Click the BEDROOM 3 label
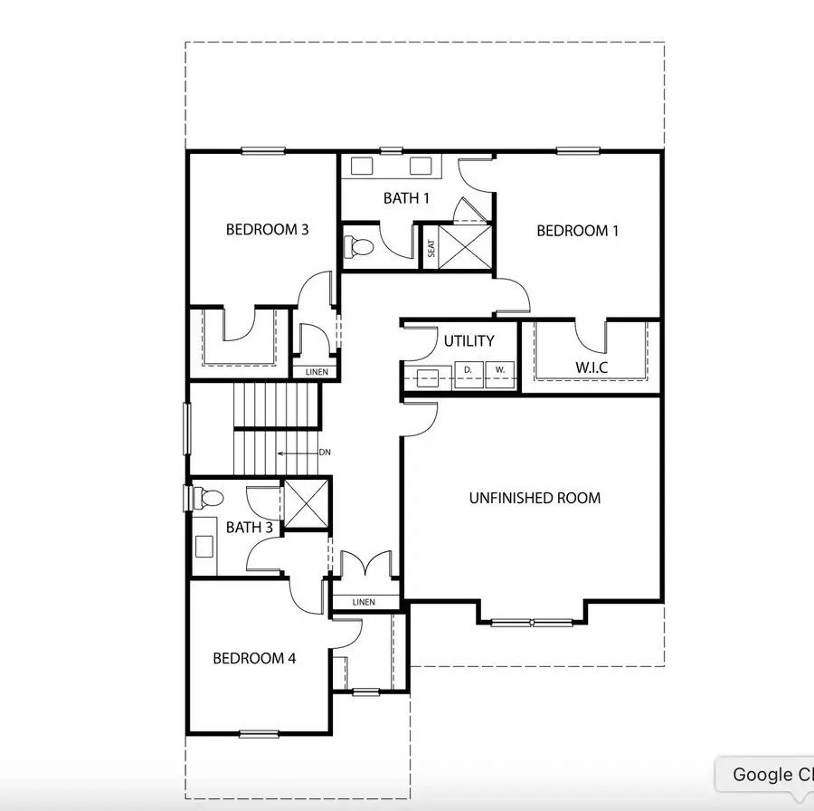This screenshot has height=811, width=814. [x=267, y=230]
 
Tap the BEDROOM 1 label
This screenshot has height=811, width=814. [x=577, y=231]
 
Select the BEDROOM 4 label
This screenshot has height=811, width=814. [x=254, y=658]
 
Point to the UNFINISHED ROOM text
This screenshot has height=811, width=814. [x=535, y=498]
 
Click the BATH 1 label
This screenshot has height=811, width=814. [x=406, y=198]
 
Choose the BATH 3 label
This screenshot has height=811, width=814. [x=250, y=527]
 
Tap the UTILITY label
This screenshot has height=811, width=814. [x=469, y=341]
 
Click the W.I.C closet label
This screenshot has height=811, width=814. [x=592, y=368]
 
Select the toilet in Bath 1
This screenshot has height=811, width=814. [x=359, y=246]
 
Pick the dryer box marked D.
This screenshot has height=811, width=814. [x=469, y=371]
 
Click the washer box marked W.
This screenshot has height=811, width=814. [x=499, y=371]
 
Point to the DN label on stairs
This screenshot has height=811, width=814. [x=324, y=453]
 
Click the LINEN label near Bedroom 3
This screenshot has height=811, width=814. [x=316, y=372]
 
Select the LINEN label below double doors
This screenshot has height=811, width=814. [x=364, y=602]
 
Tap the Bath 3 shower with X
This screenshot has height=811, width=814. [x=307, y=502]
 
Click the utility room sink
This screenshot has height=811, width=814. [x=428, y=377]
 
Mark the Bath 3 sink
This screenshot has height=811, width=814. [x=204, y=546]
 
